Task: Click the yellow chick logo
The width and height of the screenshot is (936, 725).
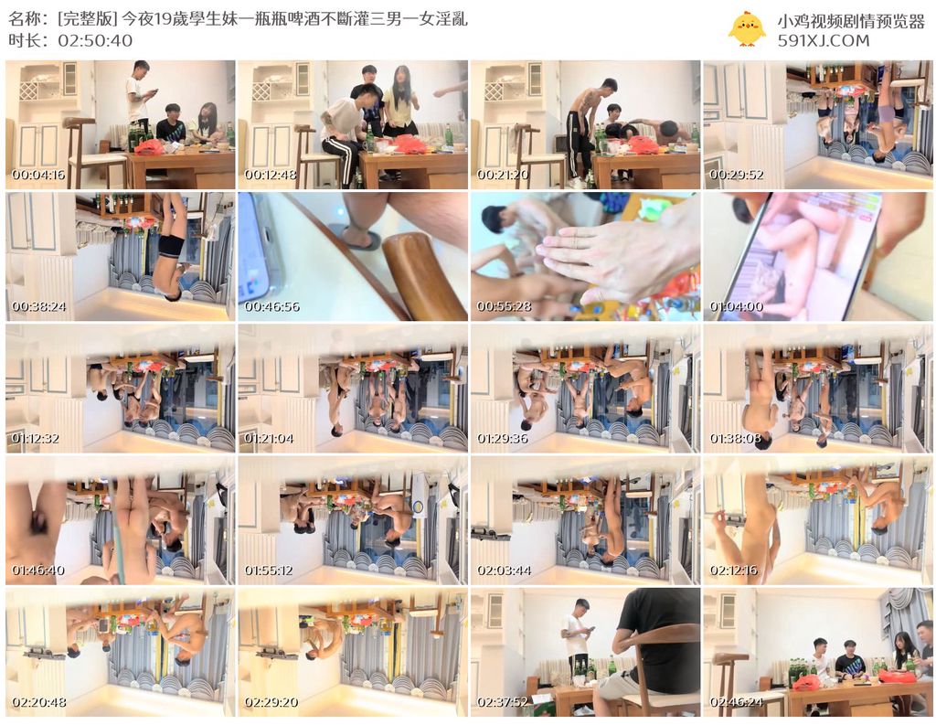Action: click(x=747, y=28)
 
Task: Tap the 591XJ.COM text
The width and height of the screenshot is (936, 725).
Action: click(x=824, y=40)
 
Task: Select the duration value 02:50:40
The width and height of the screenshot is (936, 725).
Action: click(x=95, y=40)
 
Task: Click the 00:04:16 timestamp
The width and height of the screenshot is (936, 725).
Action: click(x=38, y=175)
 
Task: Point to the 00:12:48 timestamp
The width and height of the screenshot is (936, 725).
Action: click(x=271, y=175)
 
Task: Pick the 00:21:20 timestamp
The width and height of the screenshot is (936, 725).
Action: click(x=503, y=175)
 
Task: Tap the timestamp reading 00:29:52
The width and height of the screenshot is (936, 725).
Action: click(x=736, y=175)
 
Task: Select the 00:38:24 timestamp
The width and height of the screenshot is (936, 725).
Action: click(x=38, y=307)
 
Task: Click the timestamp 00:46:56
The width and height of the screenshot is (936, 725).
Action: click(x=271, y=307)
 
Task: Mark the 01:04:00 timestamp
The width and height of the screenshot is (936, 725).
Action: click(x=736, y=307)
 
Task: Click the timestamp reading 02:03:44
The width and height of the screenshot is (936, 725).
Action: click(x=504, y=570)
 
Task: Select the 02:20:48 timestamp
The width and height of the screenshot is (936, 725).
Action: click(x=38, y=702)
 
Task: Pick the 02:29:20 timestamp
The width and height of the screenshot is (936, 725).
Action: click(x=271, y=702)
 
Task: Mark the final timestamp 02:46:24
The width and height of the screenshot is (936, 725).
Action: click(x=736, y=702)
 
